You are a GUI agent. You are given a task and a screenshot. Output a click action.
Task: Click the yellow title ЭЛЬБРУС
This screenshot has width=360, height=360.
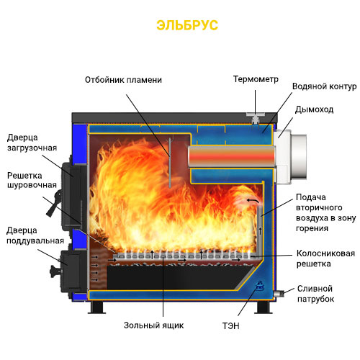point(187,25)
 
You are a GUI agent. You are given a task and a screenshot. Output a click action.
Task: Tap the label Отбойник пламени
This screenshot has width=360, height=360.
point(123,80)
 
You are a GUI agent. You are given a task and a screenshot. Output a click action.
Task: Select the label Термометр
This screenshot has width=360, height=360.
point(256,79)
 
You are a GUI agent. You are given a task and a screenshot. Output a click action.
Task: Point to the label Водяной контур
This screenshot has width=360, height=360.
point(324,86)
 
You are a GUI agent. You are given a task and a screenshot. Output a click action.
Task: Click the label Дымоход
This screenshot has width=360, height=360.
point(314,109)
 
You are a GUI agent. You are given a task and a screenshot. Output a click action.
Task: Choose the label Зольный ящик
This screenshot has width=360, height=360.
point(153,325)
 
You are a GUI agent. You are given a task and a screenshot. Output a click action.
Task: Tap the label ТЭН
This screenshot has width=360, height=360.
point(230,325)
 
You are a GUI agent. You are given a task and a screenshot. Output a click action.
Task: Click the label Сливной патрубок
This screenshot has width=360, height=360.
point(315,294)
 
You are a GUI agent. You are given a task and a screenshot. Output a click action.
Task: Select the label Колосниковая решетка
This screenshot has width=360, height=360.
point(325,258)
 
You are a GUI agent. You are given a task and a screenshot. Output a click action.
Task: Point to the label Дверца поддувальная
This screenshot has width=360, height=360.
point(35,235)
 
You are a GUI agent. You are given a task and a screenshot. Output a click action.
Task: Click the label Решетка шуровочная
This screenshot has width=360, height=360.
point(32,180)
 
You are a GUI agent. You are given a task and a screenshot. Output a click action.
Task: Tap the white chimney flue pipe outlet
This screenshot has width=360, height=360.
point(291,157)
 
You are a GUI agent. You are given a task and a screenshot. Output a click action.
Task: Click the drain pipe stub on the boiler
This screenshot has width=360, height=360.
point(279,293)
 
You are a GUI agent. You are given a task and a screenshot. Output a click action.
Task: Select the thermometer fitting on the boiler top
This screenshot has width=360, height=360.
point(256,117)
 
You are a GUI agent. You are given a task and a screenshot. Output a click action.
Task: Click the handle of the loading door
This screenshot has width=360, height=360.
point(54,204)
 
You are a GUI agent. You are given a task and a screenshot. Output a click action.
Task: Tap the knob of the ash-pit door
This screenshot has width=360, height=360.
point(55,271)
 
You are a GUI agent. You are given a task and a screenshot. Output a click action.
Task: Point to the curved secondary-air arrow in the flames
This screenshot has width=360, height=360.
point(253,200)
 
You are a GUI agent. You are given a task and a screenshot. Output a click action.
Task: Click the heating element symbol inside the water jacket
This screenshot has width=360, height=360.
point(259,286)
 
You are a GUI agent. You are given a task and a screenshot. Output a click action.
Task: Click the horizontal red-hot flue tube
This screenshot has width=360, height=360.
point(232,156)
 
